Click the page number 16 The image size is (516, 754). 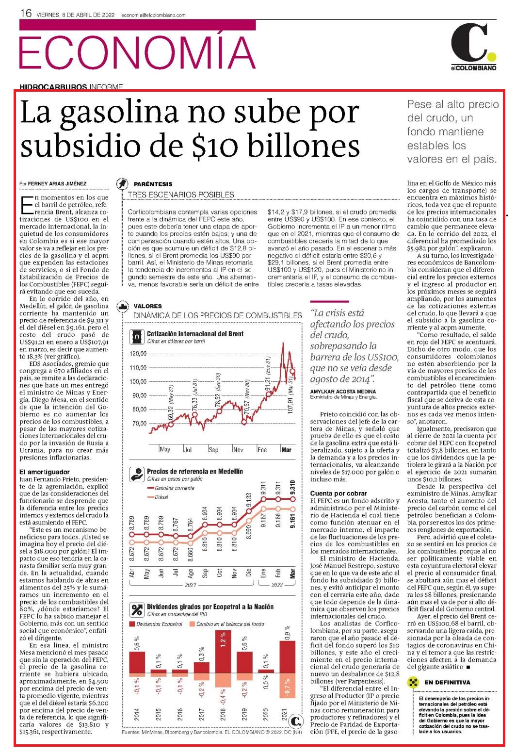(x=26, y=13)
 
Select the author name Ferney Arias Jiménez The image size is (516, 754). (x=57, y=184)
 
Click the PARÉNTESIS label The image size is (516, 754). (x=153, y=184)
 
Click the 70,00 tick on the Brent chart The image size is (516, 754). (x=139, y=424)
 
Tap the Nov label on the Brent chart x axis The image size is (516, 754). (x=238, y=449)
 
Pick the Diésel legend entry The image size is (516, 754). (x=158, y=497)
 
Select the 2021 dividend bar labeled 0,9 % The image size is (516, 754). (x=287, y=657)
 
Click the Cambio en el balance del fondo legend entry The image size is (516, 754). (x=227, y=624)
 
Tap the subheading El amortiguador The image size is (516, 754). (x=45, y=472)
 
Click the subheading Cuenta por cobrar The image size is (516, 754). (x=339, y=493)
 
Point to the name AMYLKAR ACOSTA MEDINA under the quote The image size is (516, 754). (x=343, y=392)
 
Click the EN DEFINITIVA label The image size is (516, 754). (x=448, y=682)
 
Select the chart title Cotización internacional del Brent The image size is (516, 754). (x=195, y=334)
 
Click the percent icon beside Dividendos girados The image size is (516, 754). (x=137, y=609)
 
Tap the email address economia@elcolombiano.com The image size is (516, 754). (x=153, y=15)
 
